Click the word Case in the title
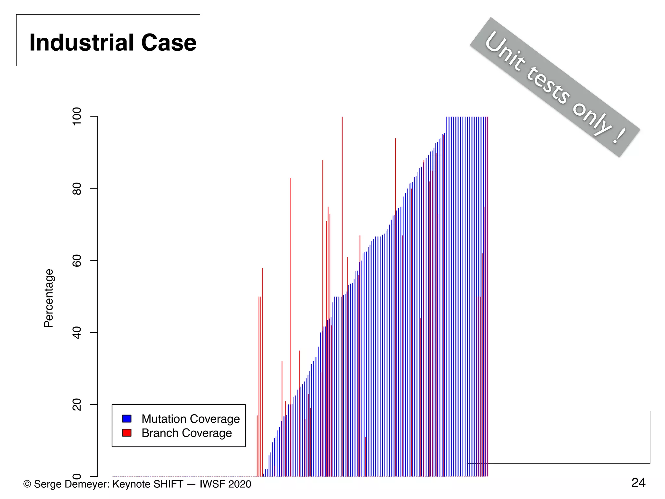169,43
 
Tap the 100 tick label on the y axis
77,117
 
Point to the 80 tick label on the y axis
77,189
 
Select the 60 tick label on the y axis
77,261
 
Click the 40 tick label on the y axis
77,333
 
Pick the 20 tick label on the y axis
77,405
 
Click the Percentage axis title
49,298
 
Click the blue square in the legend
127,418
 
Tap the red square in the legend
127,433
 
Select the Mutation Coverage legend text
191,419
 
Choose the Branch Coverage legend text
187,433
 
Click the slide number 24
638,483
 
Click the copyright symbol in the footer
27,484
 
